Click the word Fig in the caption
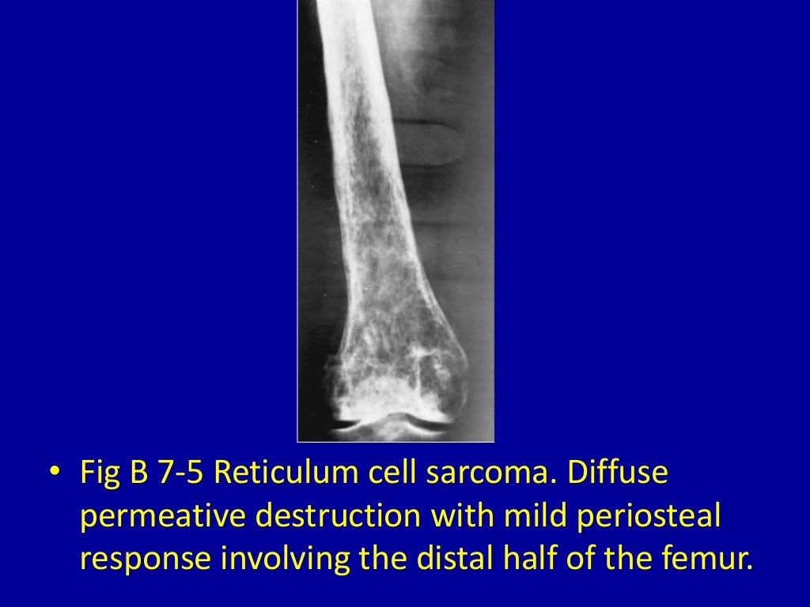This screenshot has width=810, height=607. pos(97,474)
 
